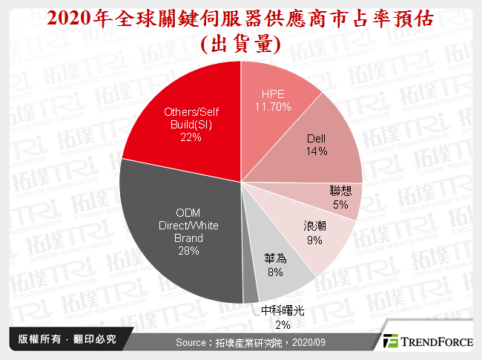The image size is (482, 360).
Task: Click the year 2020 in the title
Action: pos(70,19)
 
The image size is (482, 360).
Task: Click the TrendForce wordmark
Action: pos(438,342)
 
